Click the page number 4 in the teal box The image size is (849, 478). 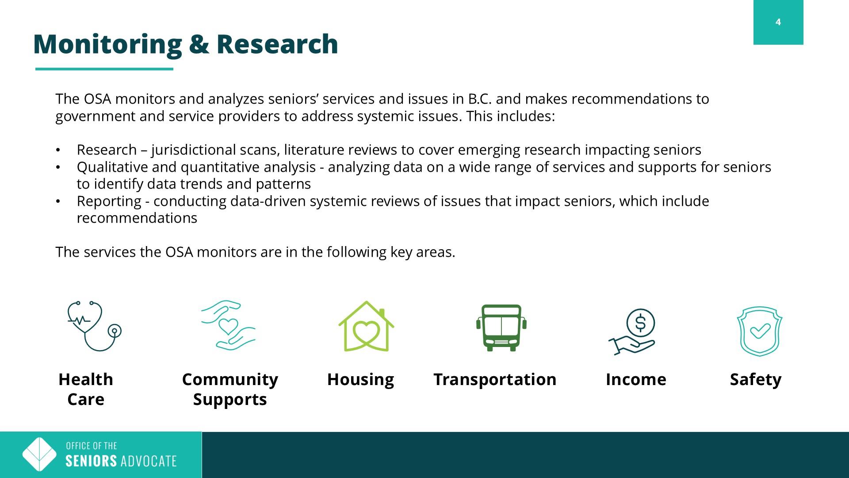[778, 22]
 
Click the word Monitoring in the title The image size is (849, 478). [107, 45]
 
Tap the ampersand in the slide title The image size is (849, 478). [199, 44]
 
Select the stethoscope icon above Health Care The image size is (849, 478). [94, 326]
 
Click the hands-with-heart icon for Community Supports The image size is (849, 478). [228, 325]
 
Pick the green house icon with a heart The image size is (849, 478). [366, 326]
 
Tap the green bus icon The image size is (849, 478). [501, 328]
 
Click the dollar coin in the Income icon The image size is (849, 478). [640, 323]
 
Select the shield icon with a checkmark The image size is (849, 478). [759, 331]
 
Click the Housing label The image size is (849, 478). [360, 380]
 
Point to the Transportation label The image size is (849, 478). [495, 380]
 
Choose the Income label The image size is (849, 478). [636, 380]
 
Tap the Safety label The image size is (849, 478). [756, 380]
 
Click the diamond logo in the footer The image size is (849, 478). [39, 455]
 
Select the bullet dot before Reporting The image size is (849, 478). [57, 201]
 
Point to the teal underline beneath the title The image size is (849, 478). [104, 69]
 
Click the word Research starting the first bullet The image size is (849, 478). [107, 150]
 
